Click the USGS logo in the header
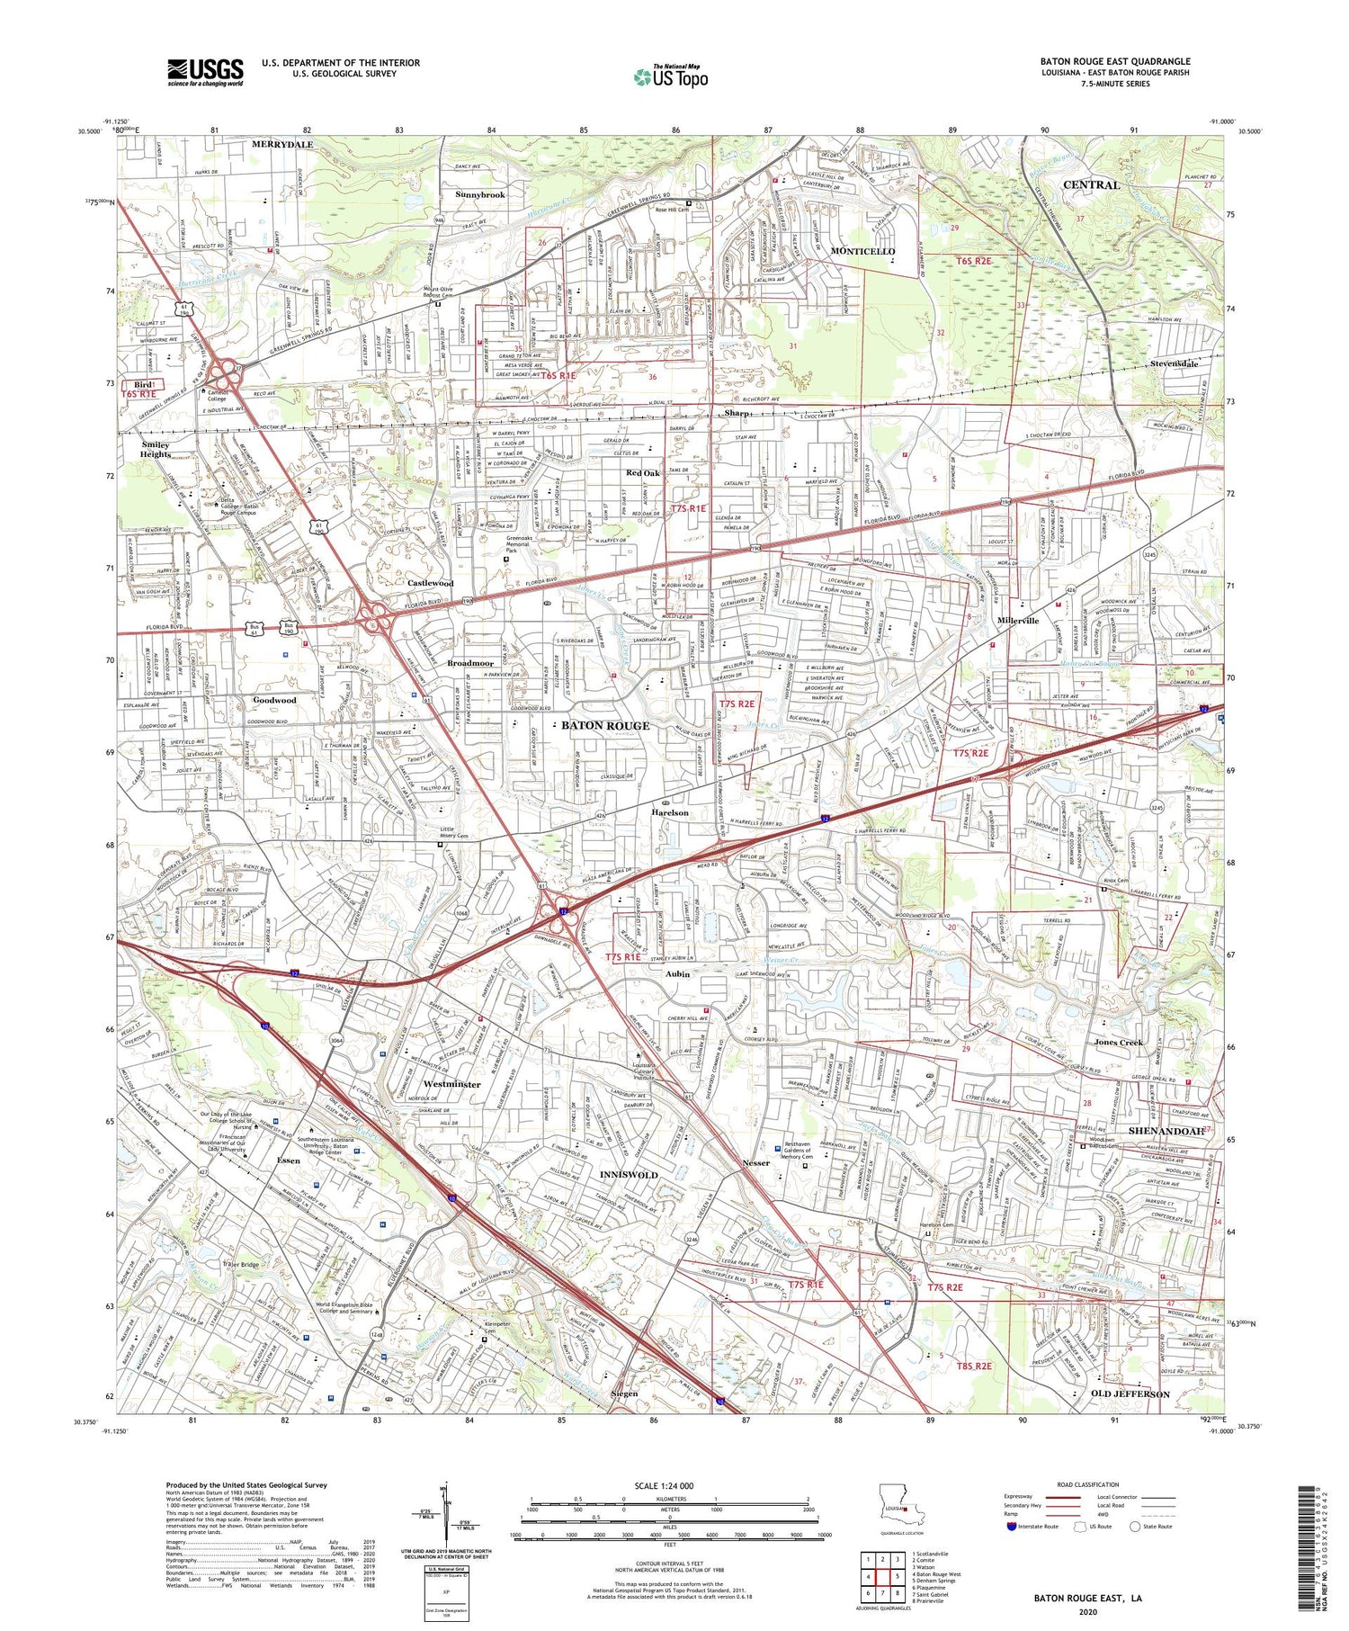(x=205, y=71)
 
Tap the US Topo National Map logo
(x=670, y=76)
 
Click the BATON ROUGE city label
(x=605, y=725)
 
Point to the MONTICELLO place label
(x=862, y=251)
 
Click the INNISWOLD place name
(x=630, y=1175)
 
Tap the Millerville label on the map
(x=1018, y=621)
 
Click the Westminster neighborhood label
(x=451, y=1084)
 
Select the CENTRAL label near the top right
(x=1091, y=184)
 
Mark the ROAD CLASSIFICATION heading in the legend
(x=1088, y=1484)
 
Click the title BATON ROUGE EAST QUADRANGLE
(x=1115, y=61)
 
